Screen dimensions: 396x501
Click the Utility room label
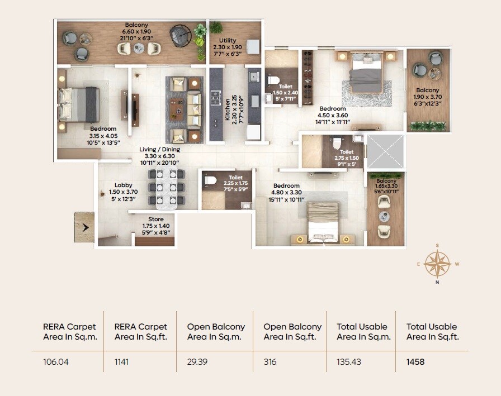tap(228, 41)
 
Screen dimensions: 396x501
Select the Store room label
tap(156, 220)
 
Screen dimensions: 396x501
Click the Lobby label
tap(123, 185)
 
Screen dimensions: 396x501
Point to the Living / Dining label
tap(160, 150)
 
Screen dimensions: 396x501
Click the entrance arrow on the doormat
tap(86, 227)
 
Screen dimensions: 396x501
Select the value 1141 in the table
tap(122, 362)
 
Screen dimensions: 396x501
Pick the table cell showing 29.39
tap(197, 362)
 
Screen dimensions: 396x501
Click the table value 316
tap(270, 362)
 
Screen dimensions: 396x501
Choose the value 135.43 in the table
tap(349, 362)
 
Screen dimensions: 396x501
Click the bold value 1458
tap(415, 362)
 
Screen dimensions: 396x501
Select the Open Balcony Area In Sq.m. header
tap(216, 332)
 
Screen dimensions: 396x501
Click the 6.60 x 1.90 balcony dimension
tap(137, 31)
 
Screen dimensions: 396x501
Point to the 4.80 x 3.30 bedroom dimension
tap(286, 192)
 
